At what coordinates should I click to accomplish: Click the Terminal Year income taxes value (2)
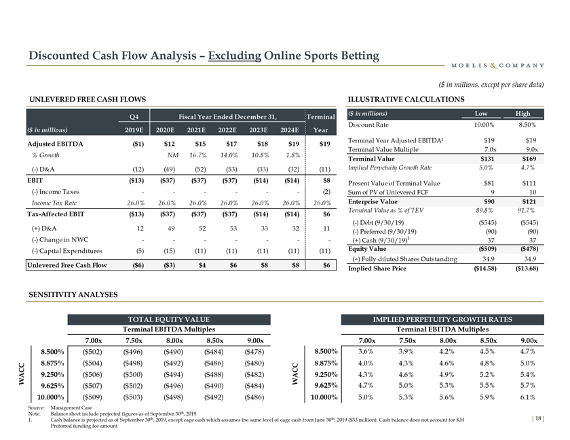325,193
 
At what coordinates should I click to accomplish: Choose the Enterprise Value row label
373,202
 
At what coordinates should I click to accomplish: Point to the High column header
523,113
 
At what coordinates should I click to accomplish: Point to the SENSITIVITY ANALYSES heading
73,295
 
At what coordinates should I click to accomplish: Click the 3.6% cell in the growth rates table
367,351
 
